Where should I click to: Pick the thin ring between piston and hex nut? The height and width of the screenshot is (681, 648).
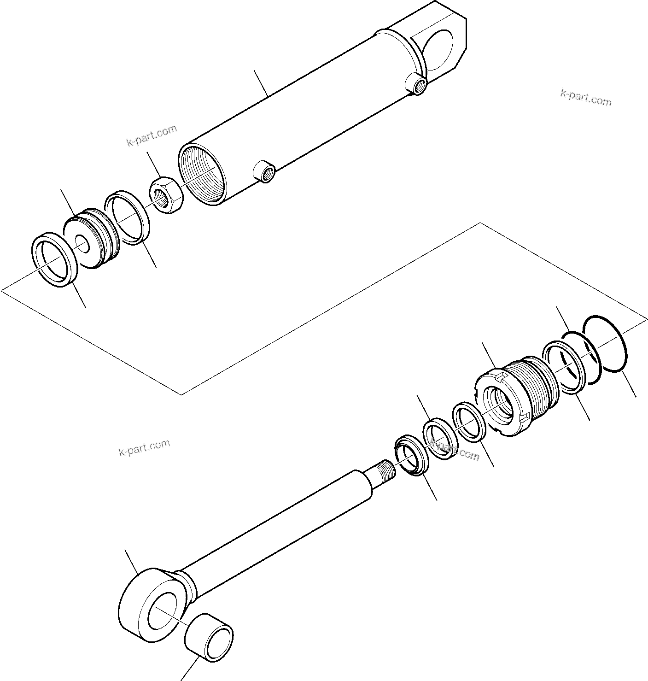tap(128, 217)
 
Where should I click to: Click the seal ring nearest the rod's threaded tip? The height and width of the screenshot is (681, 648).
tap(411, 456)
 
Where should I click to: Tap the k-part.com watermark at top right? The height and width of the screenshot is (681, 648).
tap(585, 97)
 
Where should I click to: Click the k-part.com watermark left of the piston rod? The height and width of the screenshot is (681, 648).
tap(144, 446)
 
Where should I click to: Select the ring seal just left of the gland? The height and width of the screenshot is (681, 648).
tap(468, 422)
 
